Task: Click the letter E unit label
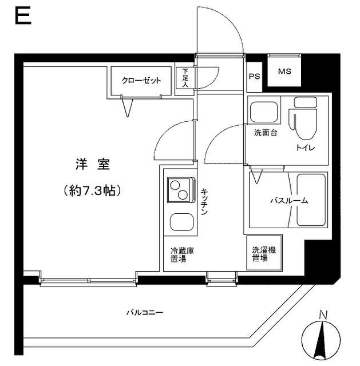(x=22, y=16)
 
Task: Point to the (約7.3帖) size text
(x=92, y=191)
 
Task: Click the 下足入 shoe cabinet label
(x=185, y=78)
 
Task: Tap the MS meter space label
(x=284, y=72)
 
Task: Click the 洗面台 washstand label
(x=266, y=133)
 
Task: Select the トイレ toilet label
(x=305, y=147)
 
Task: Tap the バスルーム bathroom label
(x=289, y=201)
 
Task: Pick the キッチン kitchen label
(x=204, y=202)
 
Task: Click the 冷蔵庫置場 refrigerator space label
(x=179, y=254)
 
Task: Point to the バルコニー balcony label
(x=145, y=313)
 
